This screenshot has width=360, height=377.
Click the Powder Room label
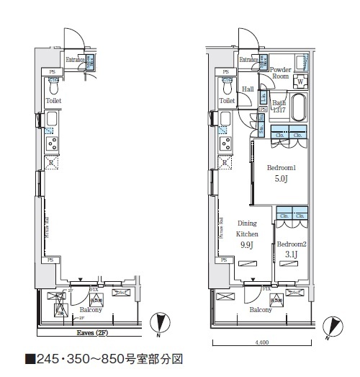(x=280, y=73)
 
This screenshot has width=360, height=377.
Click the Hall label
(x=248, y=89)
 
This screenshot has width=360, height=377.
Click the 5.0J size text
(x=282, y=179)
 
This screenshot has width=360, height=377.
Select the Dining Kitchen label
(x=247, y=229)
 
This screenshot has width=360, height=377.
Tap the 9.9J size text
(x=247, y=245)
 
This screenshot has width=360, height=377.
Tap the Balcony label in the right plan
(x=261, y=310)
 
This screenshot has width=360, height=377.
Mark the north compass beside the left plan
(x=159, y=324)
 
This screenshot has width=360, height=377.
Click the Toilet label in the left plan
(x=53, y=101)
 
